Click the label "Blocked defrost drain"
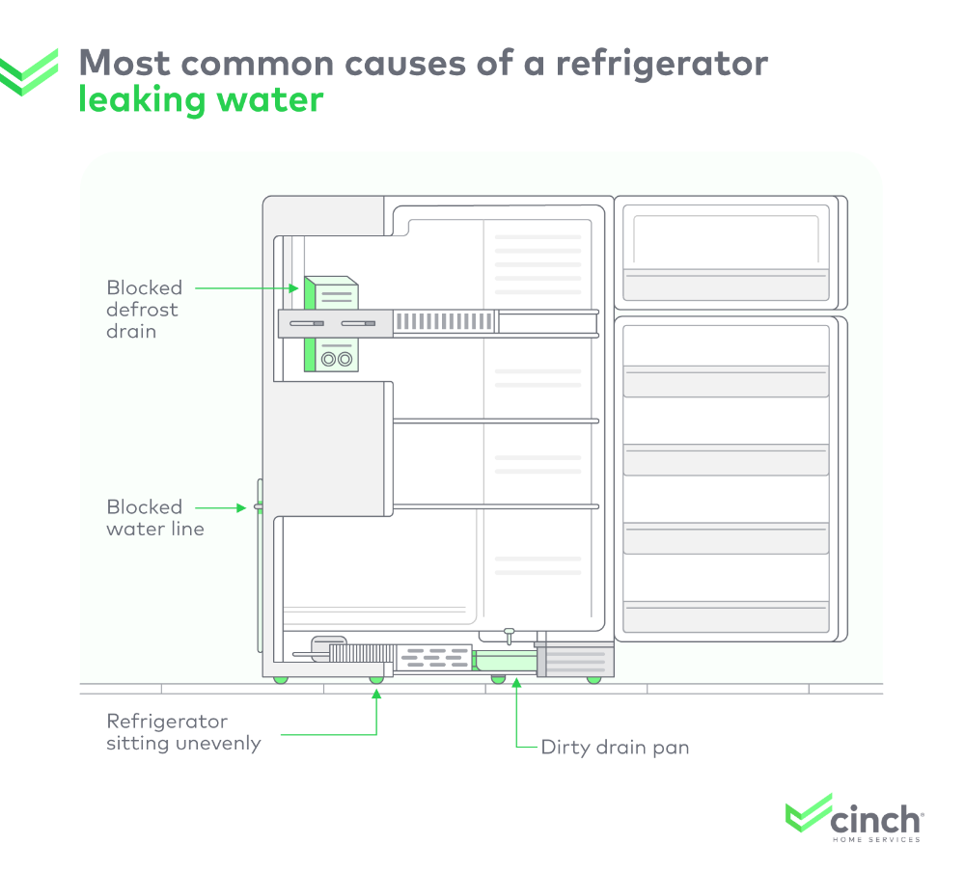[x=144, y=309]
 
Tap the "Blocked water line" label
[x=154, y=517]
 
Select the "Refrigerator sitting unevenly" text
[x=183, y=732]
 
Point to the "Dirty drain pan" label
[x=615, y=747]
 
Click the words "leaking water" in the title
[x=201, y=99]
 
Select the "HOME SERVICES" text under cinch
[x=875, y=839]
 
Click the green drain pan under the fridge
[x=505, y=662]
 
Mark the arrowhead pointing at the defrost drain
[x=297, y=286]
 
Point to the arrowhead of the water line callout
[x=244, y=506]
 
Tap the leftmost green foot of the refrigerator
[x=281, y=679]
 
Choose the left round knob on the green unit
[x=328, y=359]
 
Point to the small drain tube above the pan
[x=509, y=636]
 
